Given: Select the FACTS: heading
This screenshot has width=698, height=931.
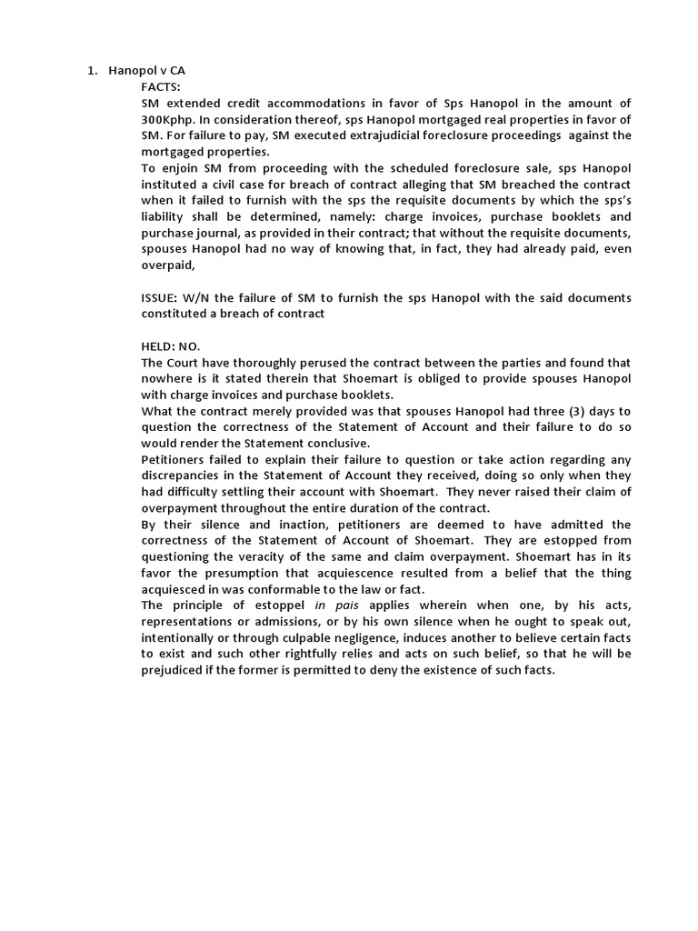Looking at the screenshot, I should coord(161,87).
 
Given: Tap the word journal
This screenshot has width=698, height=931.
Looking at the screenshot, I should coord(233,233).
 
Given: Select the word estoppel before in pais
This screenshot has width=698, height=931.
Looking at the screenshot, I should coord(274,606).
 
